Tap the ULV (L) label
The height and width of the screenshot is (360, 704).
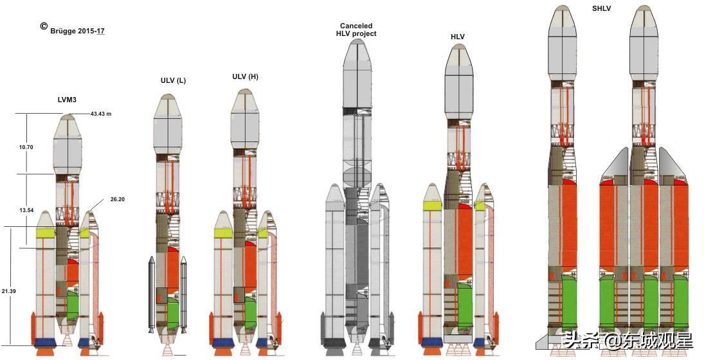click(173, 80)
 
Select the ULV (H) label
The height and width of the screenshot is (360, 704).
click(245, 76)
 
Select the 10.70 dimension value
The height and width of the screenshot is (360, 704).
click(26, 147)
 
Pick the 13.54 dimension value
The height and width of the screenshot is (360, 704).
click(26, 210)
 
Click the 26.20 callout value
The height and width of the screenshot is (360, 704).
click(117, 199)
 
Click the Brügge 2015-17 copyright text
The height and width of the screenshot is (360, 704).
click(77, 30)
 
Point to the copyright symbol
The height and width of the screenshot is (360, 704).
click(44, 26)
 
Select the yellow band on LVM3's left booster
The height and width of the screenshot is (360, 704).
click(44, 233)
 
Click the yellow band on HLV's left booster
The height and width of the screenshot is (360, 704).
click(433, 206)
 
